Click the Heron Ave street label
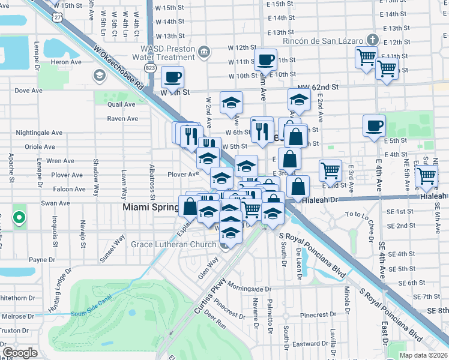[x=66, y=62]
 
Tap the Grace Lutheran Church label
[x=173, y=244]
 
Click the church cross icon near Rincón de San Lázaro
[x=373, y=40]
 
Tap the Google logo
[x=20, y=353]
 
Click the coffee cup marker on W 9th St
[x=172, y=77]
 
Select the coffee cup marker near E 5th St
[x=374, y=126]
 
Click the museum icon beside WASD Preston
[x=203, y=52]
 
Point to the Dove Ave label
[x=29, y=91]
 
